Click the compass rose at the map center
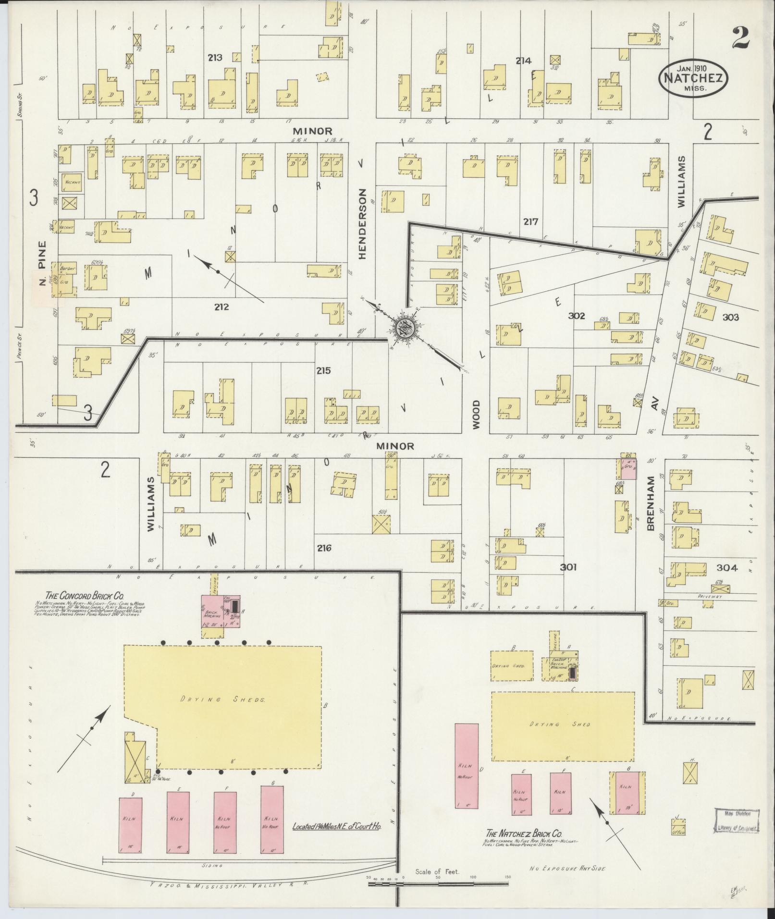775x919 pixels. (404, 328)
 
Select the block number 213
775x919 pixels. (215, 58)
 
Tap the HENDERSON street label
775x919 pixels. (362, 223)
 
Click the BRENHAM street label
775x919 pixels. (651, 503)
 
